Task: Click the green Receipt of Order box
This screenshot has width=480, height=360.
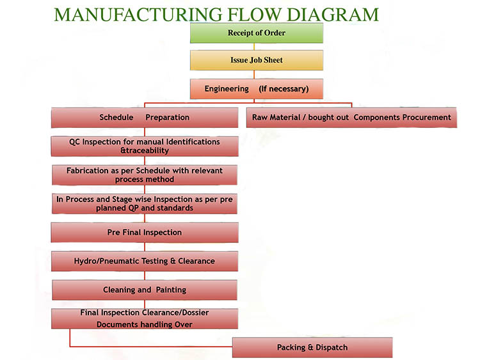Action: click(x=257, y=33)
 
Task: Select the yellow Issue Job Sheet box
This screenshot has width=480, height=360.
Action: click(x=257, y=60)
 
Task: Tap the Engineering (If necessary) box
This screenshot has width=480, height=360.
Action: click(x=257, y=89)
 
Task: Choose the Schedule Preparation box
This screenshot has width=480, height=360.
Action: click(x=145, y=118)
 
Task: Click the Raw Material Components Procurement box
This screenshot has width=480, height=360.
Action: click(x=351, y=118)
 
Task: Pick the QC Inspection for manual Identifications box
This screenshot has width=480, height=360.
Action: click(x=145, y=146)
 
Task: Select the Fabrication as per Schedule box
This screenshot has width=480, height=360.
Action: click(x=145, y=175)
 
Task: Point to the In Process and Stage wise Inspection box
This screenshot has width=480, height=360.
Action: click(x=145, y=204)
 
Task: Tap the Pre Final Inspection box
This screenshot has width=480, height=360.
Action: click(x=145, y=233)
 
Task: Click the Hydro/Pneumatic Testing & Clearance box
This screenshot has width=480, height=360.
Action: click(x=145, y=261)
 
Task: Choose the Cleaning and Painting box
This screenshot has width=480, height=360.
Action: click(x=145, y=290)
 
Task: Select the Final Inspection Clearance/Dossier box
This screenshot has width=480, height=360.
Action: click(x=145, y=318)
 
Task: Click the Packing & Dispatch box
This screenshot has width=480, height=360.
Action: click(x=312, y=347)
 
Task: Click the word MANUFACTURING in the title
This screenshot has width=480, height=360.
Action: click(x=138, y=15)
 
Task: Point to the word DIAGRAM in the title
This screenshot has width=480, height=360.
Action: click(x=333, y=15)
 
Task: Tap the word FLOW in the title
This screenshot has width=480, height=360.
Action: click(x=255, y=15)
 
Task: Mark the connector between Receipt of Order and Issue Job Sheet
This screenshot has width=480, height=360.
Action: click(x=254, y=47)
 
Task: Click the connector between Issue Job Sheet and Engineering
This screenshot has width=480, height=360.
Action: click(x=254, y=75)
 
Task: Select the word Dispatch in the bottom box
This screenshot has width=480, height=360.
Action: click(x=332, y=348)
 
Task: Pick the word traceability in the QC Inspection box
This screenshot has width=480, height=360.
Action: click(x=147, y=150)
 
